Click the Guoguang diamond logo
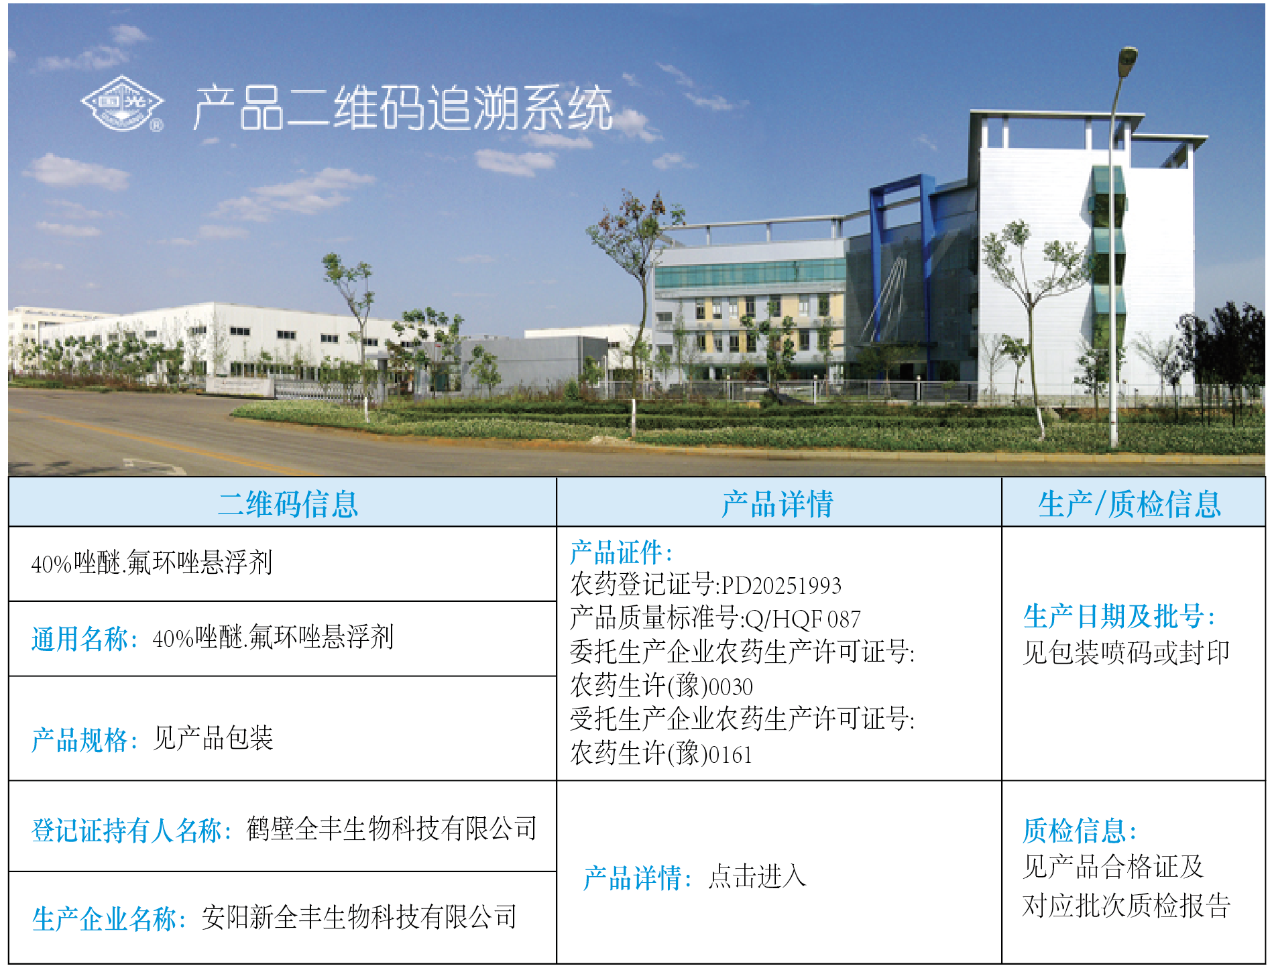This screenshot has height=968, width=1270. [x=122, y=103]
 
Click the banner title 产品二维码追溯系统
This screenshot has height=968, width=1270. [x=403, y=107]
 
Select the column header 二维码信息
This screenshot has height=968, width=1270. [x=288, y=503]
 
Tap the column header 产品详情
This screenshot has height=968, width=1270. [x=777, y=503]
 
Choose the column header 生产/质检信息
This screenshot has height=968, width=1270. [x=1130, y=503]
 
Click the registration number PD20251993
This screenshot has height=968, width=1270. [x=781, y=585]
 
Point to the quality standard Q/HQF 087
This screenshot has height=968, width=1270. [x=803, y=619]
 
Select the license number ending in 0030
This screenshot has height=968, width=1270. [x=662, y=686]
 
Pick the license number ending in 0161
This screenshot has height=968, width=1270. [x=662, y=753]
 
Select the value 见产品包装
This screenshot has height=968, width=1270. [x=213, y=738]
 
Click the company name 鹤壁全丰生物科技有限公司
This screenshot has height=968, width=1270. [x=392, y=829]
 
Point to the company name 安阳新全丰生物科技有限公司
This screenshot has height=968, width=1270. [x=359, y=917]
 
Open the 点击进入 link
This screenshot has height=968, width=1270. [x=757, y=876]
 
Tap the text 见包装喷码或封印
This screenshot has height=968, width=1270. [x=1127, y=652]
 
